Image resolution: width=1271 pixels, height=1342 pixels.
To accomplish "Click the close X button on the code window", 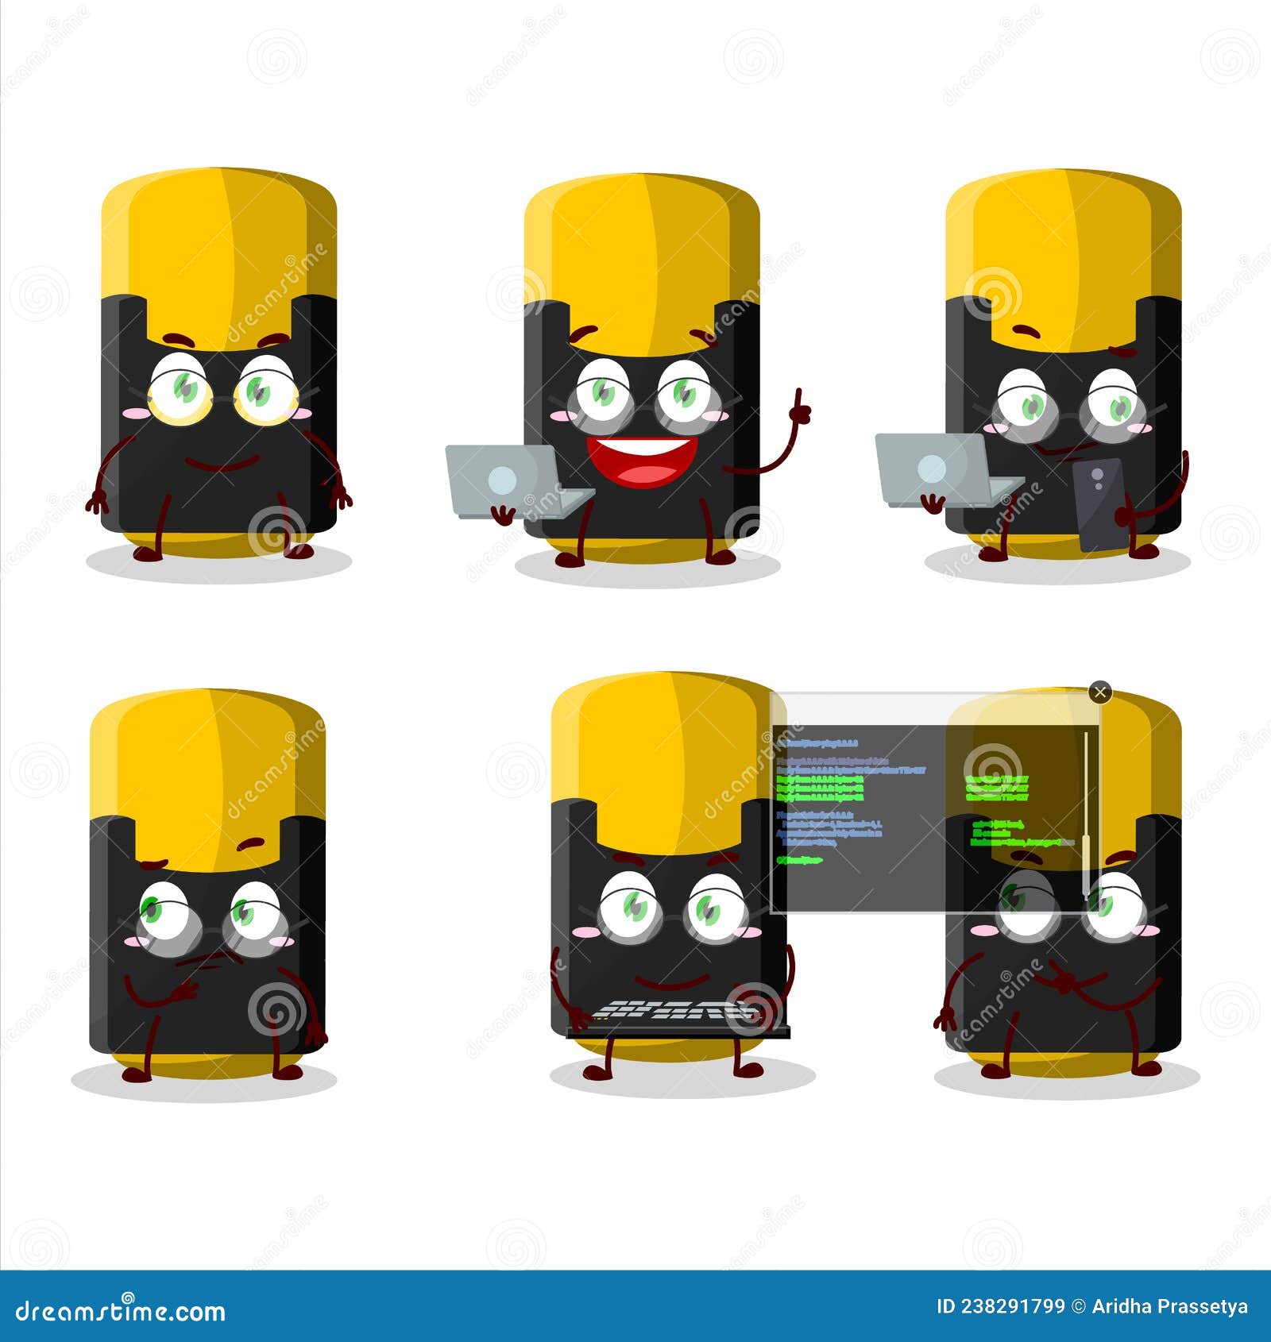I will point(1099,693).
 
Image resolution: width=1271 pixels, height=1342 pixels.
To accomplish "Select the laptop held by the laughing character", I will point(508,476).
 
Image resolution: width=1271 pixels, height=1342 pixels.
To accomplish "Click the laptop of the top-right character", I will point(937,469).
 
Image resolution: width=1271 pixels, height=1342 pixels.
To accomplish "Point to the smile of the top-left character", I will point(221,465).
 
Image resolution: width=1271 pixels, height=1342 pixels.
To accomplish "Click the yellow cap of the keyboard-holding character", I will point(659,754).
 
